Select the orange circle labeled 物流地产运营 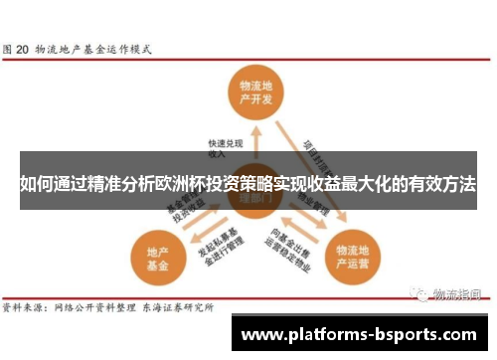(x=353, y=256)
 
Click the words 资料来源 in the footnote (x=24, y=309)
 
